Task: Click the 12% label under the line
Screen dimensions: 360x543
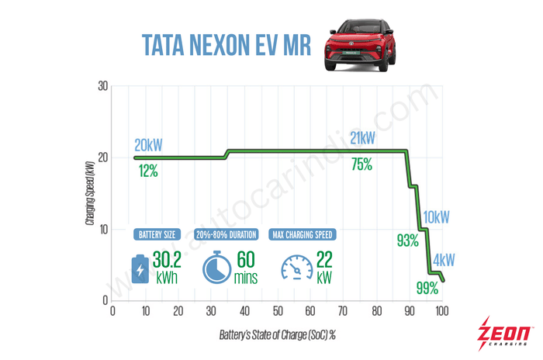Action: [148, 171]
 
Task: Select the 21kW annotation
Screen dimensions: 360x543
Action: [362, 138]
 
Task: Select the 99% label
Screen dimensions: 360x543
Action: [427, 289]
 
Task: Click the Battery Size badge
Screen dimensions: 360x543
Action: [158, 234]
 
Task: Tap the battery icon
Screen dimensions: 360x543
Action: [140, 268]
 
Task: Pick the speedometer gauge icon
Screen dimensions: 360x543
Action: [297, 268]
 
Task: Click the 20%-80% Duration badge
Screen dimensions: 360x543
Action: [229, 234]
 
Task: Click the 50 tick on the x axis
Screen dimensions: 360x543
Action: [278, 313]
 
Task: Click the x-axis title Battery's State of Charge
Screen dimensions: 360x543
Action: [277, 334]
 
